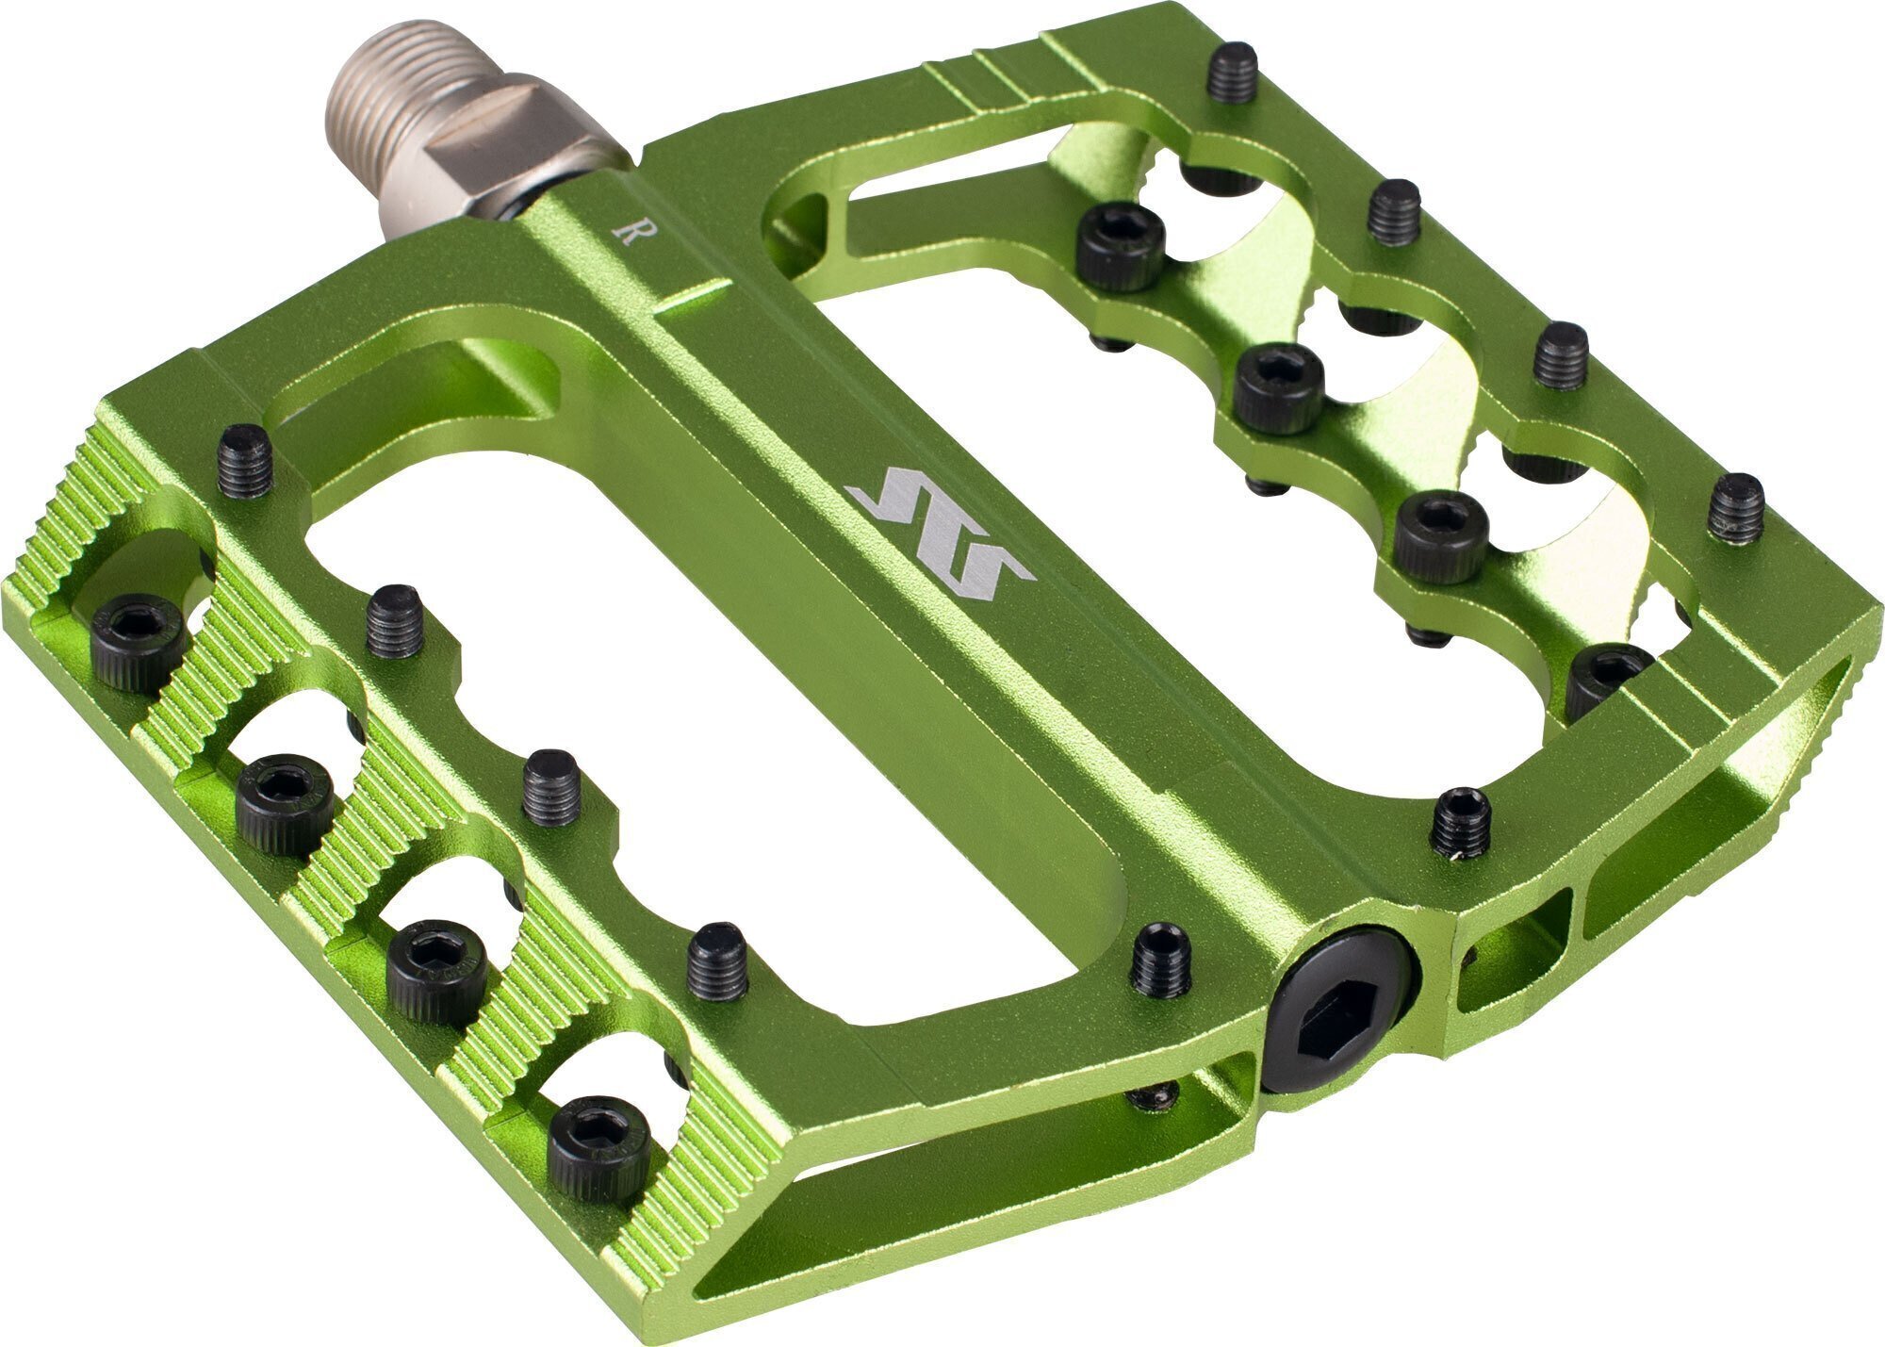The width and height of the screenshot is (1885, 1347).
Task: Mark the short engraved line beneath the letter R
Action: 694,293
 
